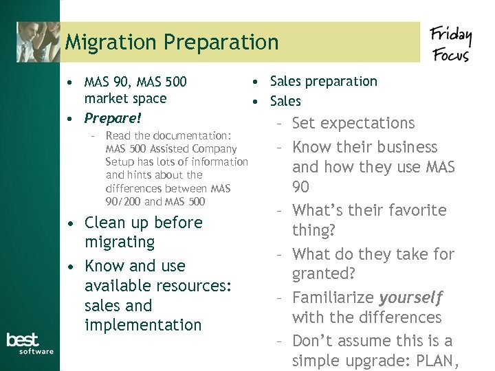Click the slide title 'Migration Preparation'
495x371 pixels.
(x=172, y=43)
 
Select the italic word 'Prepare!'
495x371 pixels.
(x=113, y=118)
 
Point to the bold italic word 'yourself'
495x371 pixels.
(x=410, y=297)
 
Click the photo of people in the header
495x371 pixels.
(x=38, y=41)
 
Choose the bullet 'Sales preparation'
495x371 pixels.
(x=323, y=81)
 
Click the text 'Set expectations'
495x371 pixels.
(x=353, y=124)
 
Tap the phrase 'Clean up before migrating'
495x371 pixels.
(x=143, y=232)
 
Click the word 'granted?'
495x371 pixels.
(x=324, y=273)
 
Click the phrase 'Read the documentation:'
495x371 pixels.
(x=168, y=136)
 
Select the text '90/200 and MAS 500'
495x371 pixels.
(x=155, y=201)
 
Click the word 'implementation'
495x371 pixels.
(x=143, y=325)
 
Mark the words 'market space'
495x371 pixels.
(x=125, y=98)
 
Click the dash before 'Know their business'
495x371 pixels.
(x=280, y=148)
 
